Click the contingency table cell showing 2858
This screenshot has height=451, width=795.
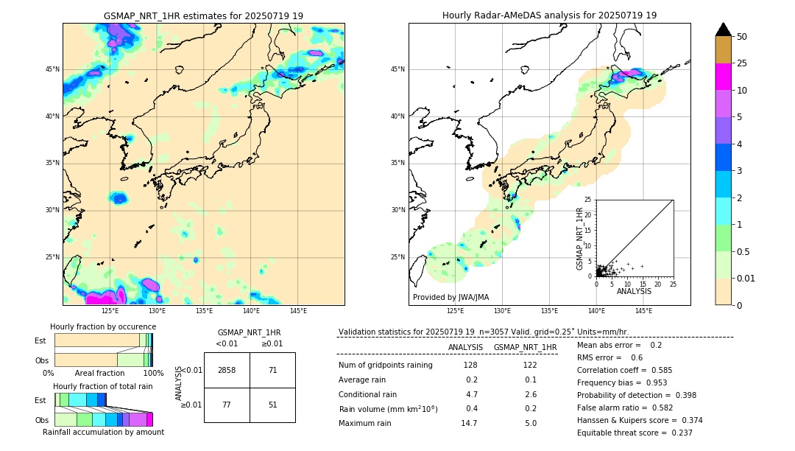click(227, 370)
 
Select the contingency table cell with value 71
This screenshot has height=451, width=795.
click(272, 370)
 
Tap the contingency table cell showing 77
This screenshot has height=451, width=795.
click(227, 404)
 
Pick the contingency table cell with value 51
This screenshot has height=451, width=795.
click(272, 404)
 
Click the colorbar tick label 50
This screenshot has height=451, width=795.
click(742, 37)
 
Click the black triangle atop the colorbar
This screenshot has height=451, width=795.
click(723, 29)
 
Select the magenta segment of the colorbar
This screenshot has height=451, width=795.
click(723, 77)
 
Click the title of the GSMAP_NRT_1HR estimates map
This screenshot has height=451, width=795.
click(203, 15)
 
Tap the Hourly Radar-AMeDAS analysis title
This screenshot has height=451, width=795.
click(549, 15)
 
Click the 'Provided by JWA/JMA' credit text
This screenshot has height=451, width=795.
click(451, 297)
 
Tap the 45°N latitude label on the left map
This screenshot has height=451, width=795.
click(52, 69)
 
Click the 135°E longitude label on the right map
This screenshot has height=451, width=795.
click(549, 311)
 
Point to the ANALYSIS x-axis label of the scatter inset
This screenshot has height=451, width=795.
click(634, 292)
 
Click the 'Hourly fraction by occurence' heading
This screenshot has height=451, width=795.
click(102, 326)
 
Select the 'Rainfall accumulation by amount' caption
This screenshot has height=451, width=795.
click(103, 432)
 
